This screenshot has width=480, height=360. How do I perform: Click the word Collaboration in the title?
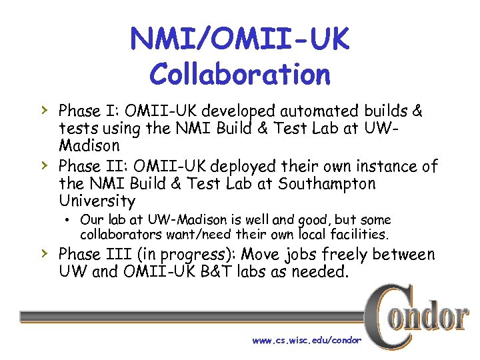click(x=240, y=74)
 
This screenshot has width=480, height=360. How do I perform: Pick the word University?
click(x=97, y=201)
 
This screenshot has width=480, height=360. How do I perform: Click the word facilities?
click(x=357, y=234)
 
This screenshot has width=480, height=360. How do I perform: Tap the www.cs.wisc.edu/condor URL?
click(x=306, y=341)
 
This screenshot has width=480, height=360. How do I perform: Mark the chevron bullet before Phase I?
click(x=43, y=108)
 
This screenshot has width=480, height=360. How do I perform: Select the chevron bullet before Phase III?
click(x=43, y=253)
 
